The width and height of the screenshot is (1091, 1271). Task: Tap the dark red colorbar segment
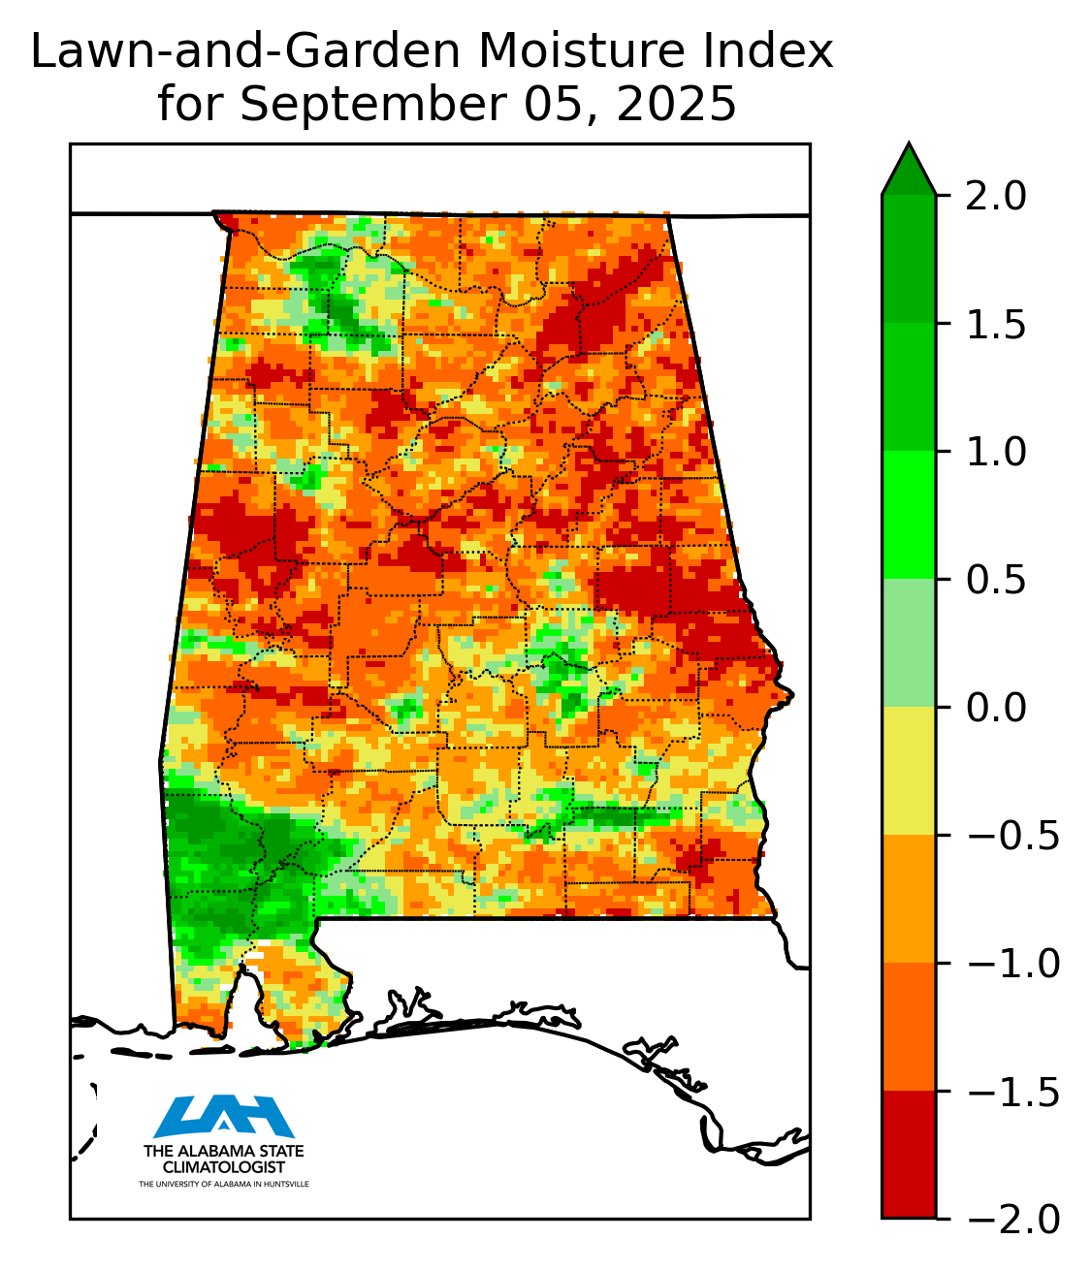coord(909,1154)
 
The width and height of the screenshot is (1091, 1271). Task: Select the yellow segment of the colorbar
coord(909,771)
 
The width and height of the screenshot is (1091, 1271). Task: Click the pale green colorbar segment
coord(909,643)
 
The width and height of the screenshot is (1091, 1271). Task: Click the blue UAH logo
coord(224,1116)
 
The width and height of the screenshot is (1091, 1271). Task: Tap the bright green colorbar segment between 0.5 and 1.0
coord(909,515)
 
